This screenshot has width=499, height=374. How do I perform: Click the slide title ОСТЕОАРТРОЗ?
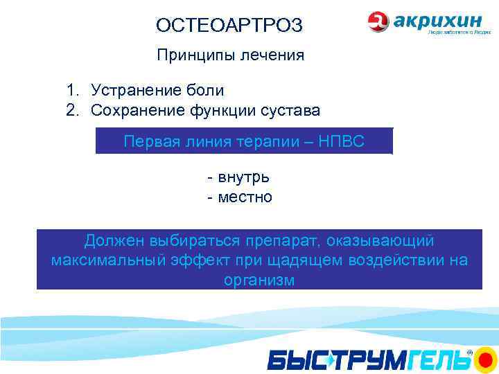pyautogui.click(x=229, y=26)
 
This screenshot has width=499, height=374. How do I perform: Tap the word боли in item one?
pyautogui.click(x=206, y=91)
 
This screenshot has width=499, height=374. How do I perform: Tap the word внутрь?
pyautogui.click(x=243, y=177)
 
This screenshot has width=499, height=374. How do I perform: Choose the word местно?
pyautogui.click(x=245, y=197)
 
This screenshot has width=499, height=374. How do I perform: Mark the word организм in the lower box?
pyautogui.click(x=259, y=280)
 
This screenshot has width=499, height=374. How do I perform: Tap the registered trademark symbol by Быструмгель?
pyautogui.click(x=469, y=353)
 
